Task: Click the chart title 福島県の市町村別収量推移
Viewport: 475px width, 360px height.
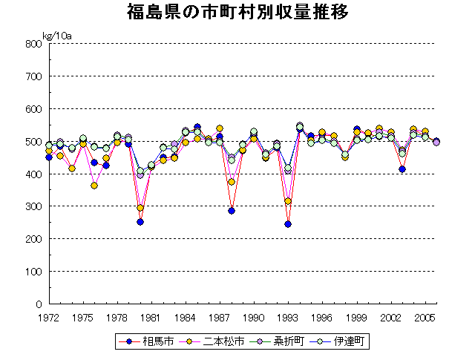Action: click(x=237, y=13)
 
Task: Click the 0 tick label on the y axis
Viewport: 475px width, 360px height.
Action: click(x=37, y=304)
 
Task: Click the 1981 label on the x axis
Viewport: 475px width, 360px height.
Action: click(x=151, y=317)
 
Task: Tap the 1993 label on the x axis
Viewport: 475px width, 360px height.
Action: click(x=288, y=317)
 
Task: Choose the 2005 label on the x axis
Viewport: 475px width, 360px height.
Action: click(x=425, y=317)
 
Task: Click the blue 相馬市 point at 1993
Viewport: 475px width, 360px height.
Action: click(x=288, y=224)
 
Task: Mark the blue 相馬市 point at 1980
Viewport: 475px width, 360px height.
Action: click(x=140, y=222)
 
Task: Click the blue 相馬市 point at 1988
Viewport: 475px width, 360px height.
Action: click(x=232, y=211)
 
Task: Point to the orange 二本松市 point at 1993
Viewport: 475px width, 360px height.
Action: click(x=288, y=201)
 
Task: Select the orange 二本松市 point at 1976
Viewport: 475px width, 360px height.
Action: click(x=94, y=186)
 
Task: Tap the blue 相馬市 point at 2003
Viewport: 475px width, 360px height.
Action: click(x=402, y=169)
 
